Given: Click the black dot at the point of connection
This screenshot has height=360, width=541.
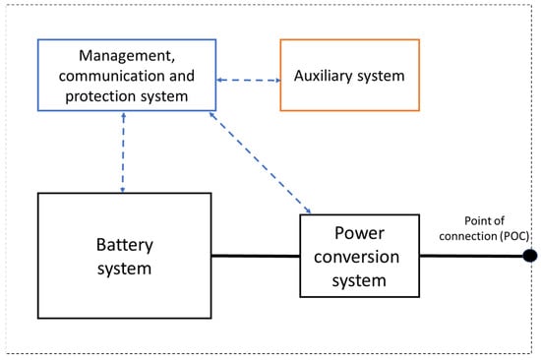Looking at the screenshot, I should point(529,257).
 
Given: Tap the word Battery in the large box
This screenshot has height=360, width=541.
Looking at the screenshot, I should point(123,241).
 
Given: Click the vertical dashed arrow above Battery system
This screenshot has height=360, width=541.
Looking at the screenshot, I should point(123,151).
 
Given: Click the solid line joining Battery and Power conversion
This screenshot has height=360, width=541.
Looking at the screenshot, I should point(255,257).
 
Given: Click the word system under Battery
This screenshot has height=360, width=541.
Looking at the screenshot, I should point(123,267).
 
